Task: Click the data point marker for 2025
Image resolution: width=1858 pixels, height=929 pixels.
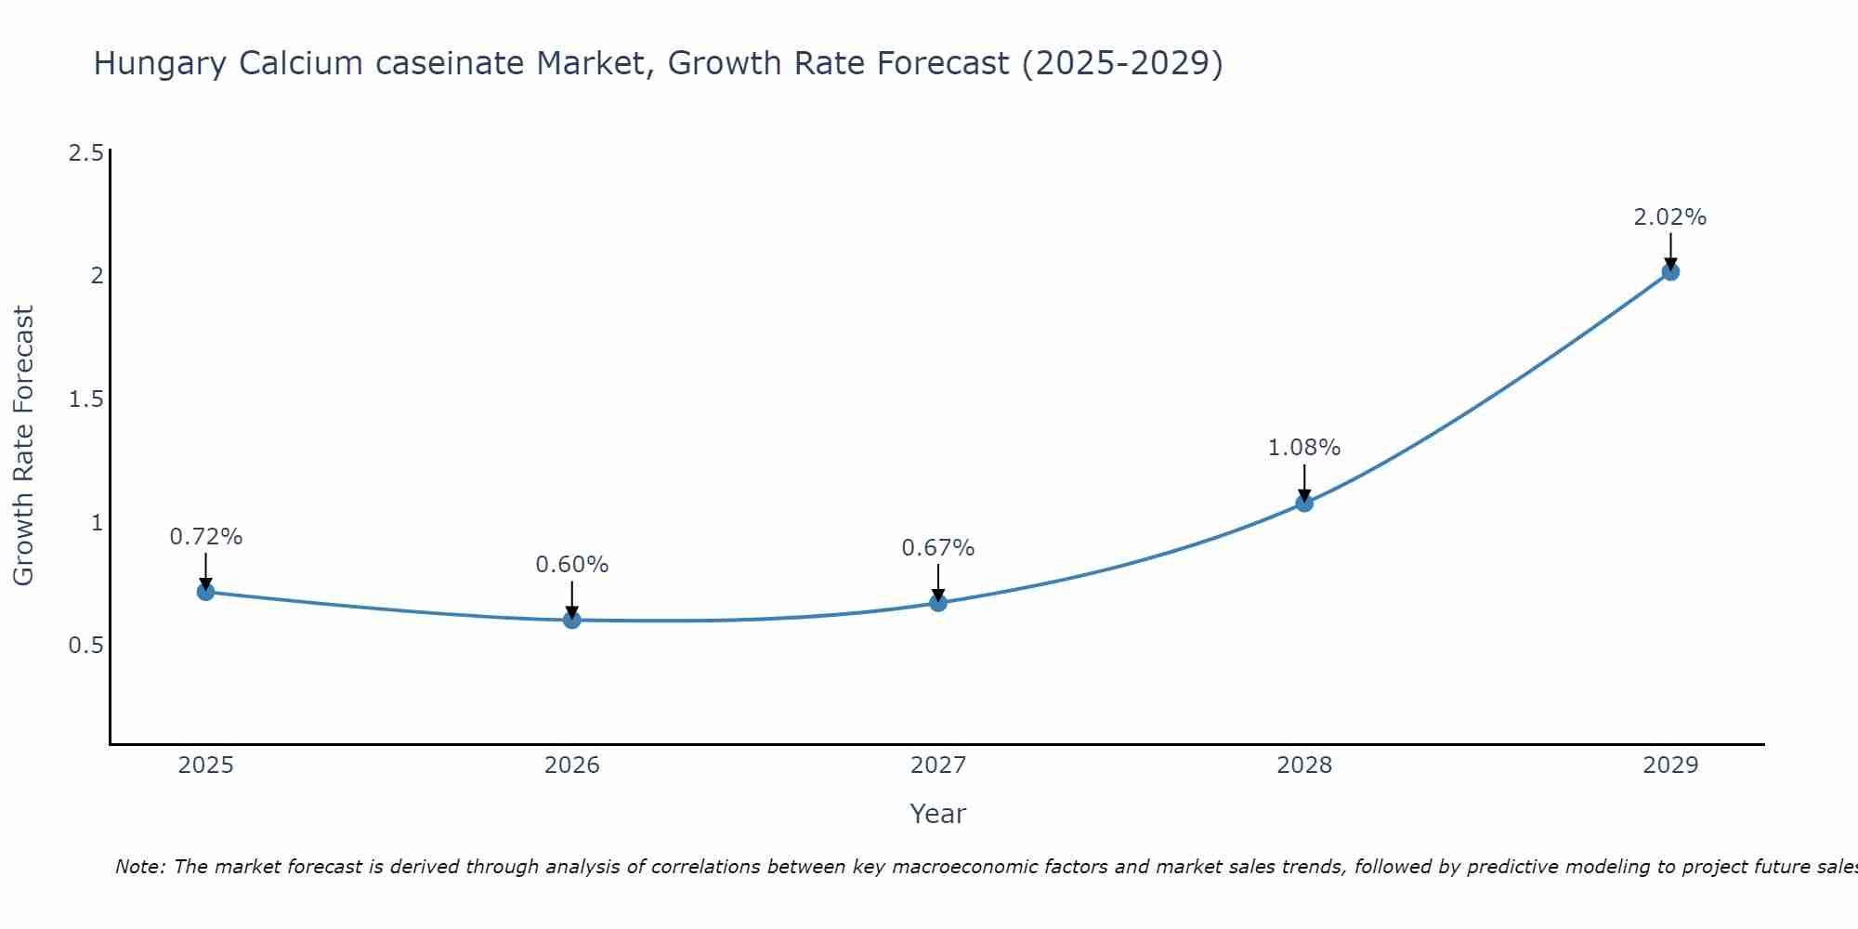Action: coord(205,592)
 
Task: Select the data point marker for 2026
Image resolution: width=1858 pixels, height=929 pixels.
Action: coord(572,620)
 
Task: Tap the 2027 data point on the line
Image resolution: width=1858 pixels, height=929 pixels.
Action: coord(938,603)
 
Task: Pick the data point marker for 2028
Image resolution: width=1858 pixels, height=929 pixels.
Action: coord(1304,504)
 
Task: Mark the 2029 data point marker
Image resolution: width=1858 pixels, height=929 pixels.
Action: coord(1670,272)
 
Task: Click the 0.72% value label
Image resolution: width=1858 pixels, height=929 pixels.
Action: coord(206,537)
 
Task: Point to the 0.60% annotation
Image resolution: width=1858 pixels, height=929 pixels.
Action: coord(572,565)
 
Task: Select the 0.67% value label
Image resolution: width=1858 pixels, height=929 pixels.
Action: coord(938,548)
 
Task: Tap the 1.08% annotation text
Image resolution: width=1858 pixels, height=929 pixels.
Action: coord(1304,448)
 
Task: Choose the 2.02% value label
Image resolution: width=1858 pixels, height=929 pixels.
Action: coord(1670,217)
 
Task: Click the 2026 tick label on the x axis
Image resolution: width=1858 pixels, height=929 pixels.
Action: coord(572,765)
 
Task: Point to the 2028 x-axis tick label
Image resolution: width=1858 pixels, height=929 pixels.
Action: coord(1304,765)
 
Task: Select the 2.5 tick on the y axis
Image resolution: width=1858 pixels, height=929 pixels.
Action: coord(85,153)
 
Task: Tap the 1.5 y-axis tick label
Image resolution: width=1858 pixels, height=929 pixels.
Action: coord(85,399)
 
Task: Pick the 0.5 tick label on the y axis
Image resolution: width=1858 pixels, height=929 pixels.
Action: coord(85,646)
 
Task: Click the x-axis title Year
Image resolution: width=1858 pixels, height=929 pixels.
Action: coord(938,814)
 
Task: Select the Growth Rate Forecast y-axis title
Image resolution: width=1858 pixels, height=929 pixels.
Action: coord(24,446)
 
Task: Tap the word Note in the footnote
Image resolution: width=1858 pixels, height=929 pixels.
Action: coord(139,867)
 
